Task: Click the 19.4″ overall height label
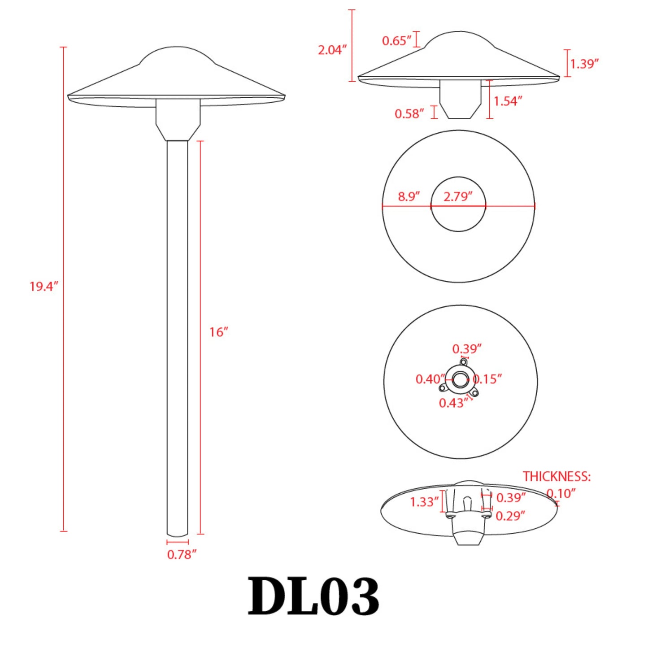[44, 287]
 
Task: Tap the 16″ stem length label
[219, 332]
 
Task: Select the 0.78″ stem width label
[182, 555]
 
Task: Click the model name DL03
[313, 596]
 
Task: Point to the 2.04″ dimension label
[332, 50]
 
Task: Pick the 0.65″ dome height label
[396, 41]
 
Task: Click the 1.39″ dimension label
[584, 64]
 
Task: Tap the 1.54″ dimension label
[508, 101]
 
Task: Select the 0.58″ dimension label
[409, 114]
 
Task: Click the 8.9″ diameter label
[409, 197]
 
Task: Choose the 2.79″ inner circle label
[458, 197]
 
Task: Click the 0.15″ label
[487, 379]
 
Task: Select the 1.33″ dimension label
[424, 502]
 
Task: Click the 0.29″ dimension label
[510, 516]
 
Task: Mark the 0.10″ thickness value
[561, 494]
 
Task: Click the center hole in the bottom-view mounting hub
[459, 380]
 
